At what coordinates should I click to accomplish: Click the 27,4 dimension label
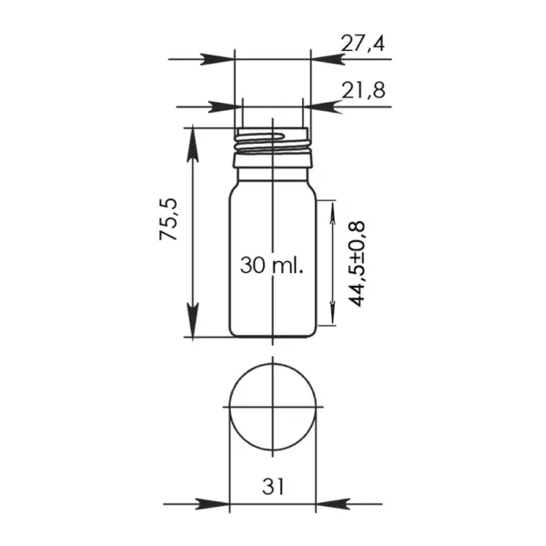[362, 44]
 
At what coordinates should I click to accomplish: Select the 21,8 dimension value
[363, 90]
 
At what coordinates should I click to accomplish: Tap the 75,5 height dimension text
[168, 219]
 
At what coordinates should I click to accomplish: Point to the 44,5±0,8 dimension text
[356, 264]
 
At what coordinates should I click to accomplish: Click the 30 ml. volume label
[272, 266]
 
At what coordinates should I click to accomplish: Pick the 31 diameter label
[273, 486]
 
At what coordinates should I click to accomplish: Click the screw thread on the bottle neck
[271, 143]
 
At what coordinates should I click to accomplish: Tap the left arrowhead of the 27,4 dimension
[217, 59]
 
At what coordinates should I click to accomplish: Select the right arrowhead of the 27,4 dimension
[328, 59]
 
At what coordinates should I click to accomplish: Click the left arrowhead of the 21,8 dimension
[226, 106]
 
